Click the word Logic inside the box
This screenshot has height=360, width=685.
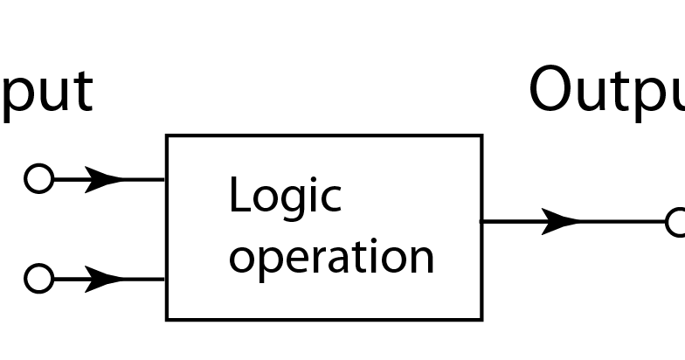coord(284,196)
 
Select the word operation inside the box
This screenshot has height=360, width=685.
coord(331,258)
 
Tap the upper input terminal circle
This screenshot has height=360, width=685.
coord(38,178)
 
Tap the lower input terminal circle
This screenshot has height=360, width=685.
coord(38,279)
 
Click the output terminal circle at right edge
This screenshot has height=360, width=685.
coord(677,222)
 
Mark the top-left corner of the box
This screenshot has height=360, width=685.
coord(167,136)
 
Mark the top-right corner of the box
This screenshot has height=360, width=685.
coord(481,136)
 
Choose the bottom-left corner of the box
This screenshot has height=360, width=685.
coord(167,319)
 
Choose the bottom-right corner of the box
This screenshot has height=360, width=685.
coord(481,319)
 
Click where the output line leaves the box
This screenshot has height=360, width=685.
coord(482,222)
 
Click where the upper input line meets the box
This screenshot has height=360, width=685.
coord(166,179)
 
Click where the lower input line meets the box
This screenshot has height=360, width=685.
coord(166,280)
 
